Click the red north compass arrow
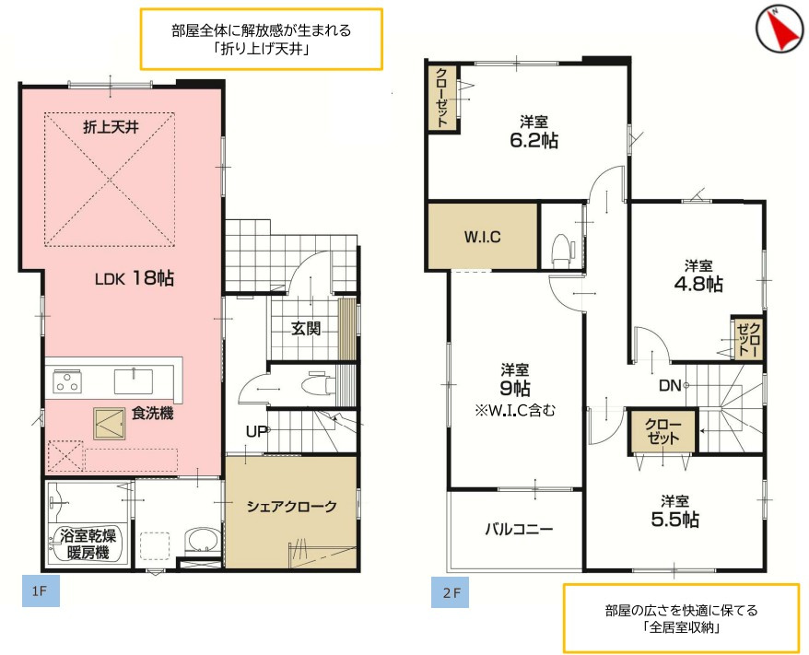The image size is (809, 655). point(780,30)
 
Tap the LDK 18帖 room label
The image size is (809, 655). point(135,277)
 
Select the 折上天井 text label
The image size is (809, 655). point(111,127)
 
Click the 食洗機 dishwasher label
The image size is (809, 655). point(152,414)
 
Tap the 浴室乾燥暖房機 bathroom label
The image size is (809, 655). point(87,544)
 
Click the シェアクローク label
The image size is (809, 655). point(290,506)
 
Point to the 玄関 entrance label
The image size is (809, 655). point(306,328)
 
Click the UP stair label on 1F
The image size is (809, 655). point(256,431)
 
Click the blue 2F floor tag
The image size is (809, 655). point(451,591)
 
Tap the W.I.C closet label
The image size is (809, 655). point(481,237)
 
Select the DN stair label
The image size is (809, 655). point(672,386)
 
